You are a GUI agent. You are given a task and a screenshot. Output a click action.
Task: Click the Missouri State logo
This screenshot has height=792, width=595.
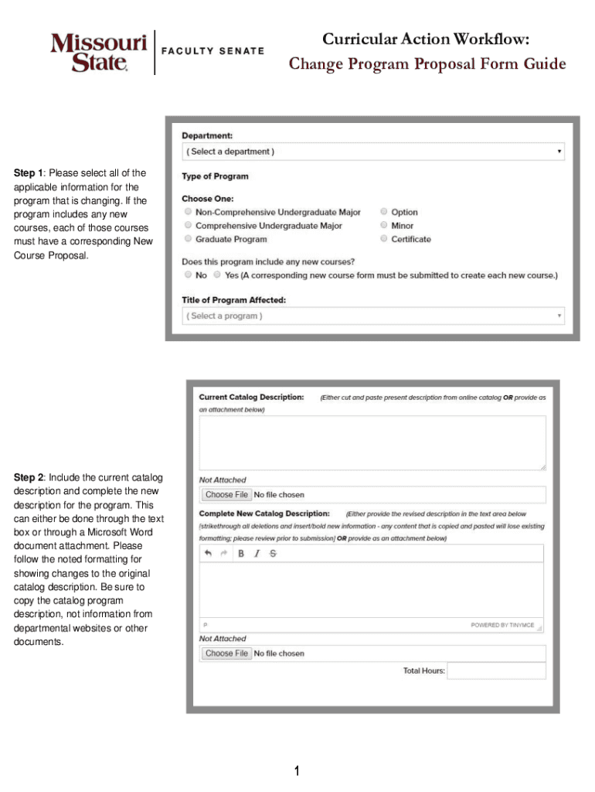98,52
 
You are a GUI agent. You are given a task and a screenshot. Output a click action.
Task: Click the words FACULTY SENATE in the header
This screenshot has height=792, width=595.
212,51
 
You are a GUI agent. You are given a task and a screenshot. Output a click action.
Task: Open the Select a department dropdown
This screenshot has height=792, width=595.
372,152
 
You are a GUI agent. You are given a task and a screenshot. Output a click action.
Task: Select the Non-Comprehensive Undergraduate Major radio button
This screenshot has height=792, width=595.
187,212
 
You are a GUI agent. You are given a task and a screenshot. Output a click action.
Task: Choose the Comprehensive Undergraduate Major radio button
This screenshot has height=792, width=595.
187,226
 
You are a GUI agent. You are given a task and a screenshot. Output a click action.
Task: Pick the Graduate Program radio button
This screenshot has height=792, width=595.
187,240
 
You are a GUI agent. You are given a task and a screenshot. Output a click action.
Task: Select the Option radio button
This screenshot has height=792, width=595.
383,212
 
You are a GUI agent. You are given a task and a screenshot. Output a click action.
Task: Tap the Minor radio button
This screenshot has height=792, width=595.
383,226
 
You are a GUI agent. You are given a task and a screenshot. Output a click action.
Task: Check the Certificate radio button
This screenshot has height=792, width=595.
383,240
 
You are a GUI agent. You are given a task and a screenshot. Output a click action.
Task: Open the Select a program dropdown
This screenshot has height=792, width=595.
372,316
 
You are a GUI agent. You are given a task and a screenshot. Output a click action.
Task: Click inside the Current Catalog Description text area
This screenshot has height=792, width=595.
372,442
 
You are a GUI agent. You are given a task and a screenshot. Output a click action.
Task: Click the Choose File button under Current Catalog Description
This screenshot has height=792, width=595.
226,495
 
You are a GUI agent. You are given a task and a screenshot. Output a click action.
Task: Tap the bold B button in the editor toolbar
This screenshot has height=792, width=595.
241,553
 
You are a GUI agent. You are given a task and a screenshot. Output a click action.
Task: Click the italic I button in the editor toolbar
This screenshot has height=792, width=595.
257,553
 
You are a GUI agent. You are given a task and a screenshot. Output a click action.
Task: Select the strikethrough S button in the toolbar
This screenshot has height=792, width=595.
272,553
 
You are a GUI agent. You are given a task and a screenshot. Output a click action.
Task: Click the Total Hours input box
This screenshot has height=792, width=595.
496,671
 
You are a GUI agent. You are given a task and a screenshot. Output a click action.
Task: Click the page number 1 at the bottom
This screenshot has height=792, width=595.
297,770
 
